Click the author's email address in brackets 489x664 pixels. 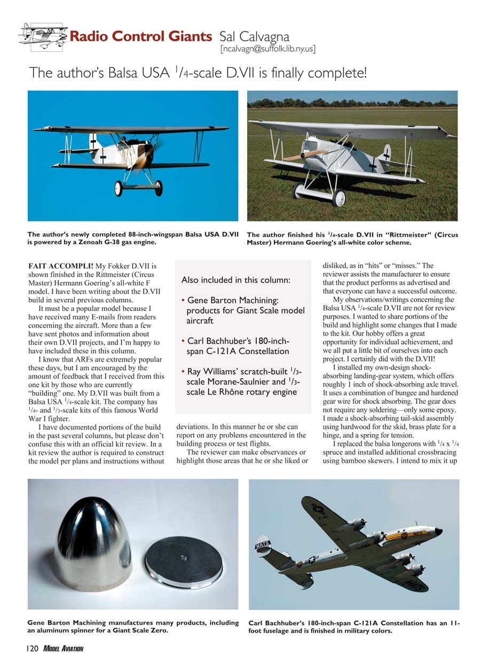[x=267, y=50]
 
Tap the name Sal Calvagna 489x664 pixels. [x=254, y=37]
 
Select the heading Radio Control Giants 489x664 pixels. [x=140, y=37]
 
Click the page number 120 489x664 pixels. [x=30, y=649]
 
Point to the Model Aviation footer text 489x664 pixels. [x=64, y=649]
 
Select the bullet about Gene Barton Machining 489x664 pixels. [x=245, y=310]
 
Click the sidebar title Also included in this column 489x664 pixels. [x=236, y=280]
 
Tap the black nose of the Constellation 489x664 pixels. [x=438, y=531]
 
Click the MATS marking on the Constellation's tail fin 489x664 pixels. [x=263, y=545]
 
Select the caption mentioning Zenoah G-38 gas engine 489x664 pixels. [x=133, y=238]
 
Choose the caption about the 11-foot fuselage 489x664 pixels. [x=353, y=627]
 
